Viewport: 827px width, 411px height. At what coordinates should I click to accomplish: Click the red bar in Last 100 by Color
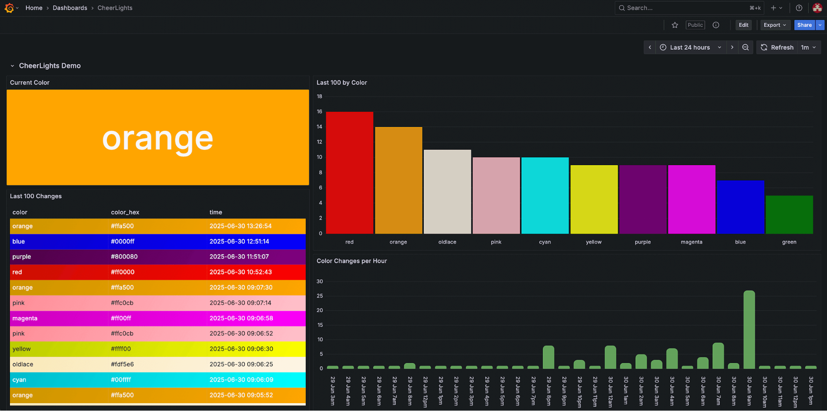click(350, 173)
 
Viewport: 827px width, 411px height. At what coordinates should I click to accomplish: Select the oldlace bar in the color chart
click(447, 192)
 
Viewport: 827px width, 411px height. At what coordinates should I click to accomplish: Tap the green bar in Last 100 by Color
click(789, 214)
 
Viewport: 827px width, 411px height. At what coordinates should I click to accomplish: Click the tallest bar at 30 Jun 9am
click(749, 329)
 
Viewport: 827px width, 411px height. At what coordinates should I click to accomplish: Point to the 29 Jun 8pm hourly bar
click(548, 357)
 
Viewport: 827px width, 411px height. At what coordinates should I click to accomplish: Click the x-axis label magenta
click(691, 242)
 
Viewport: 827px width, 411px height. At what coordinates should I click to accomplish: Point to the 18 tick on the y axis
click(319, 96)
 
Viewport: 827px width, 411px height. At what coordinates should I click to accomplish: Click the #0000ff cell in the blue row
click(122, 241)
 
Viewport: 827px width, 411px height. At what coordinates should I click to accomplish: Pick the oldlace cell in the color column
click(23, 364)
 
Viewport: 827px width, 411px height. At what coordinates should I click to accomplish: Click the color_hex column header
click(125, 212)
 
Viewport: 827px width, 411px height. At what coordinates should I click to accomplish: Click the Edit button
click(743, 25)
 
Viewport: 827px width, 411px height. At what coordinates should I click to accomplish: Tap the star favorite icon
click(675, 25)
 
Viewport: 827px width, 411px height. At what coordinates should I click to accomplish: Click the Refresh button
click(777, 47)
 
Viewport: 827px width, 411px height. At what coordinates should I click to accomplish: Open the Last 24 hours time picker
click(690, 47)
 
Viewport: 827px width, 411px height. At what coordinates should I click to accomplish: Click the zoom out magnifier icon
click(745, 47)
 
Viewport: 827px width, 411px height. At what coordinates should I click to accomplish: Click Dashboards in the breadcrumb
click(70, 8)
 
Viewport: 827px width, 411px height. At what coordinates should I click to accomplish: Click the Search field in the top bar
click(683, 8)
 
